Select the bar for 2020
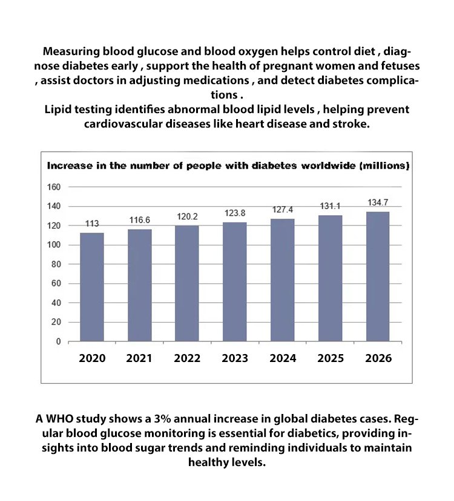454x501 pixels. tap(92, 287)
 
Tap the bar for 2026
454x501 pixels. tap(378, 276)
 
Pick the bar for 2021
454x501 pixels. tap(139, 285)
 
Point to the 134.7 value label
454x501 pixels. tap(378, 202)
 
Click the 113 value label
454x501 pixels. tap(92, 224)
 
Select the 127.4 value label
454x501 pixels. tap(283, 209)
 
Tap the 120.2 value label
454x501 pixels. tap(187, 216)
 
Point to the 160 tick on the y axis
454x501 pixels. tap(54, 187)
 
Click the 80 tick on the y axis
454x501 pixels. tap(56, 265)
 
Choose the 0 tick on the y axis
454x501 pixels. tap(58, 342)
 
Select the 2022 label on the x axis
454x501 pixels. tap(187, 358)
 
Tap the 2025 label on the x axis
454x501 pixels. tap(331, 358)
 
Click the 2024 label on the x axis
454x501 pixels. tap(283, 358)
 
